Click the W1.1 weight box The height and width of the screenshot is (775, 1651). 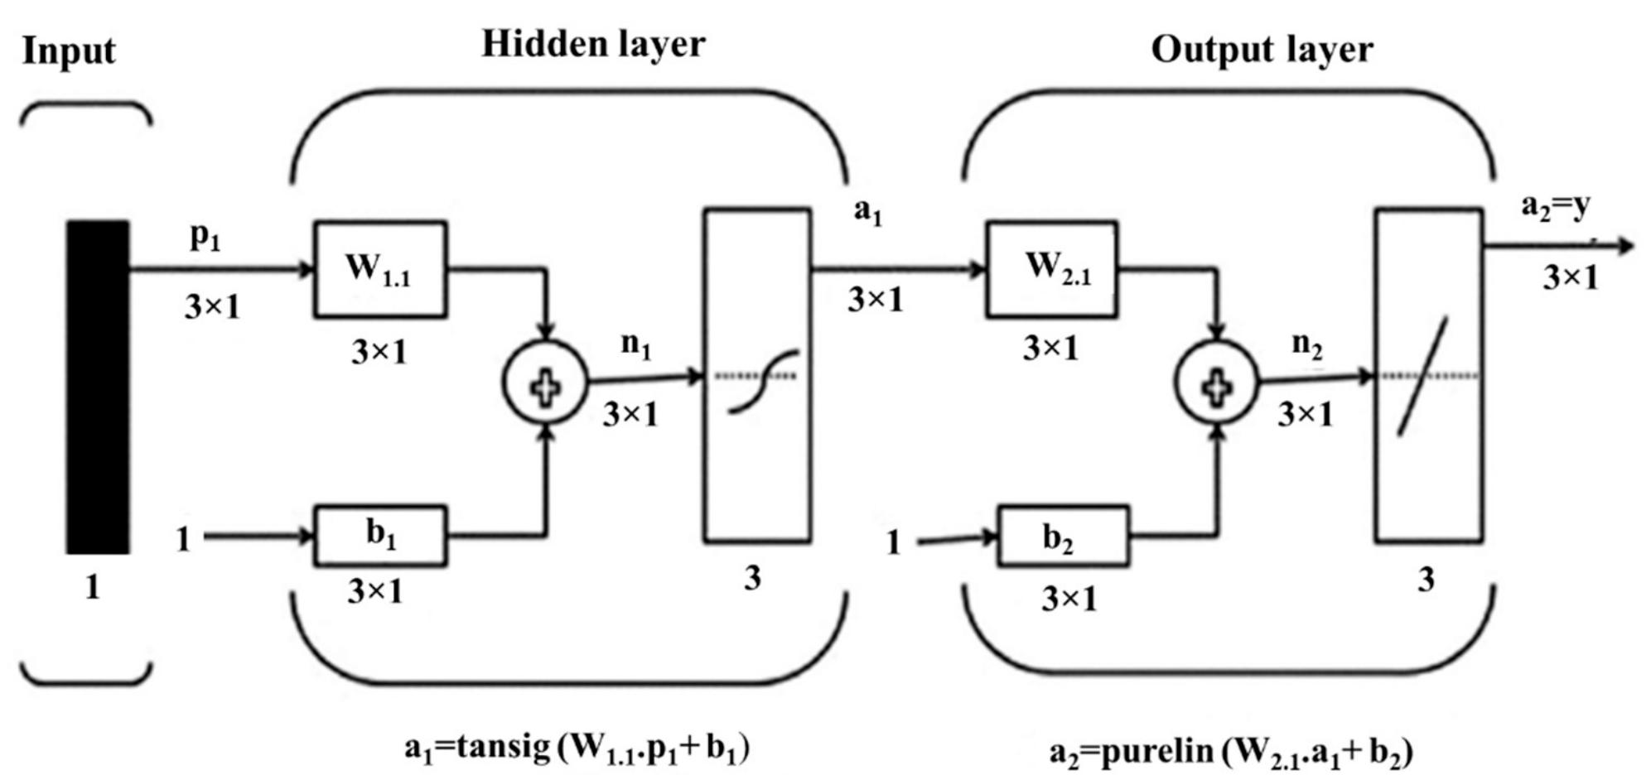click(380, 269)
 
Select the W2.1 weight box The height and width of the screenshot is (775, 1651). click(1051, 269)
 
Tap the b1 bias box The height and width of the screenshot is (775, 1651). click(380, 536)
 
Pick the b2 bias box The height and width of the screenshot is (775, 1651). click(1061, 538)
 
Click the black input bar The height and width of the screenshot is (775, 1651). click(98, 387)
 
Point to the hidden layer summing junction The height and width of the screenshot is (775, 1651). click(545, 383)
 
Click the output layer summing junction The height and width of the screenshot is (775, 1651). click(1215, 383)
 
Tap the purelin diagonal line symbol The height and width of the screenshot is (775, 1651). click(1422, 376)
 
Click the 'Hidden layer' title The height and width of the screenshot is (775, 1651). click(593, 44)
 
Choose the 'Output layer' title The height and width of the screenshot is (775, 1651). click(1262, 50)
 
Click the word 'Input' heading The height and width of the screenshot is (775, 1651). click(69, 51)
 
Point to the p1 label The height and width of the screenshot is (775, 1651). click(205, 238)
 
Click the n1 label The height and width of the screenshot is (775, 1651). click(635, 344)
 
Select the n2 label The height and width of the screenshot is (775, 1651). click(1306, 344)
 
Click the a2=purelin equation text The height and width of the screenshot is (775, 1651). click(1230, 753)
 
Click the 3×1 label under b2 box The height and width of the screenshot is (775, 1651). click(1069, 598)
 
